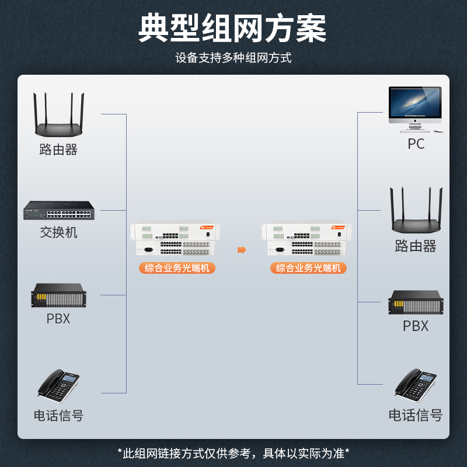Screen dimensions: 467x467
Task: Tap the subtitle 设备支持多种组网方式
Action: (x=233, y=58)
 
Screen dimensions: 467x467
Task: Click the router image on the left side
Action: (x=58, y=116)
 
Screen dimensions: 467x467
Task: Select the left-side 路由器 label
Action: (x=58, y=150)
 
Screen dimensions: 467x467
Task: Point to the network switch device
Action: (x=58, y=210)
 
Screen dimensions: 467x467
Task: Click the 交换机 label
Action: (x=58, y=232)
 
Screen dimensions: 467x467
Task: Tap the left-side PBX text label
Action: (x=58, y=319)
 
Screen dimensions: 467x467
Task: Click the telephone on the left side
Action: (x=58, y=385)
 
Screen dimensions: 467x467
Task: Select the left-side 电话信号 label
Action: (x=58, y=416)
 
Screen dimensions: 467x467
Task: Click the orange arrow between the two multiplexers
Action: (x=242, y=250)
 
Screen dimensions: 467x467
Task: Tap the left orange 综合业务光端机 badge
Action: (x=177, y=269)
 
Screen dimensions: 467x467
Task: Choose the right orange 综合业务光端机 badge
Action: (x=308, y=269)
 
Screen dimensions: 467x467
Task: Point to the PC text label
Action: (x=416, y=144)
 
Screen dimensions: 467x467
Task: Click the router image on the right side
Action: (x=416, y=212)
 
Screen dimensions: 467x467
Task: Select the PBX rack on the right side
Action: (x=416, y=302)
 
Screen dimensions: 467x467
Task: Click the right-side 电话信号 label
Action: (x=416, y=416)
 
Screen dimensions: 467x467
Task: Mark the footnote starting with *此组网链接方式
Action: (x=233, y=453)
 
